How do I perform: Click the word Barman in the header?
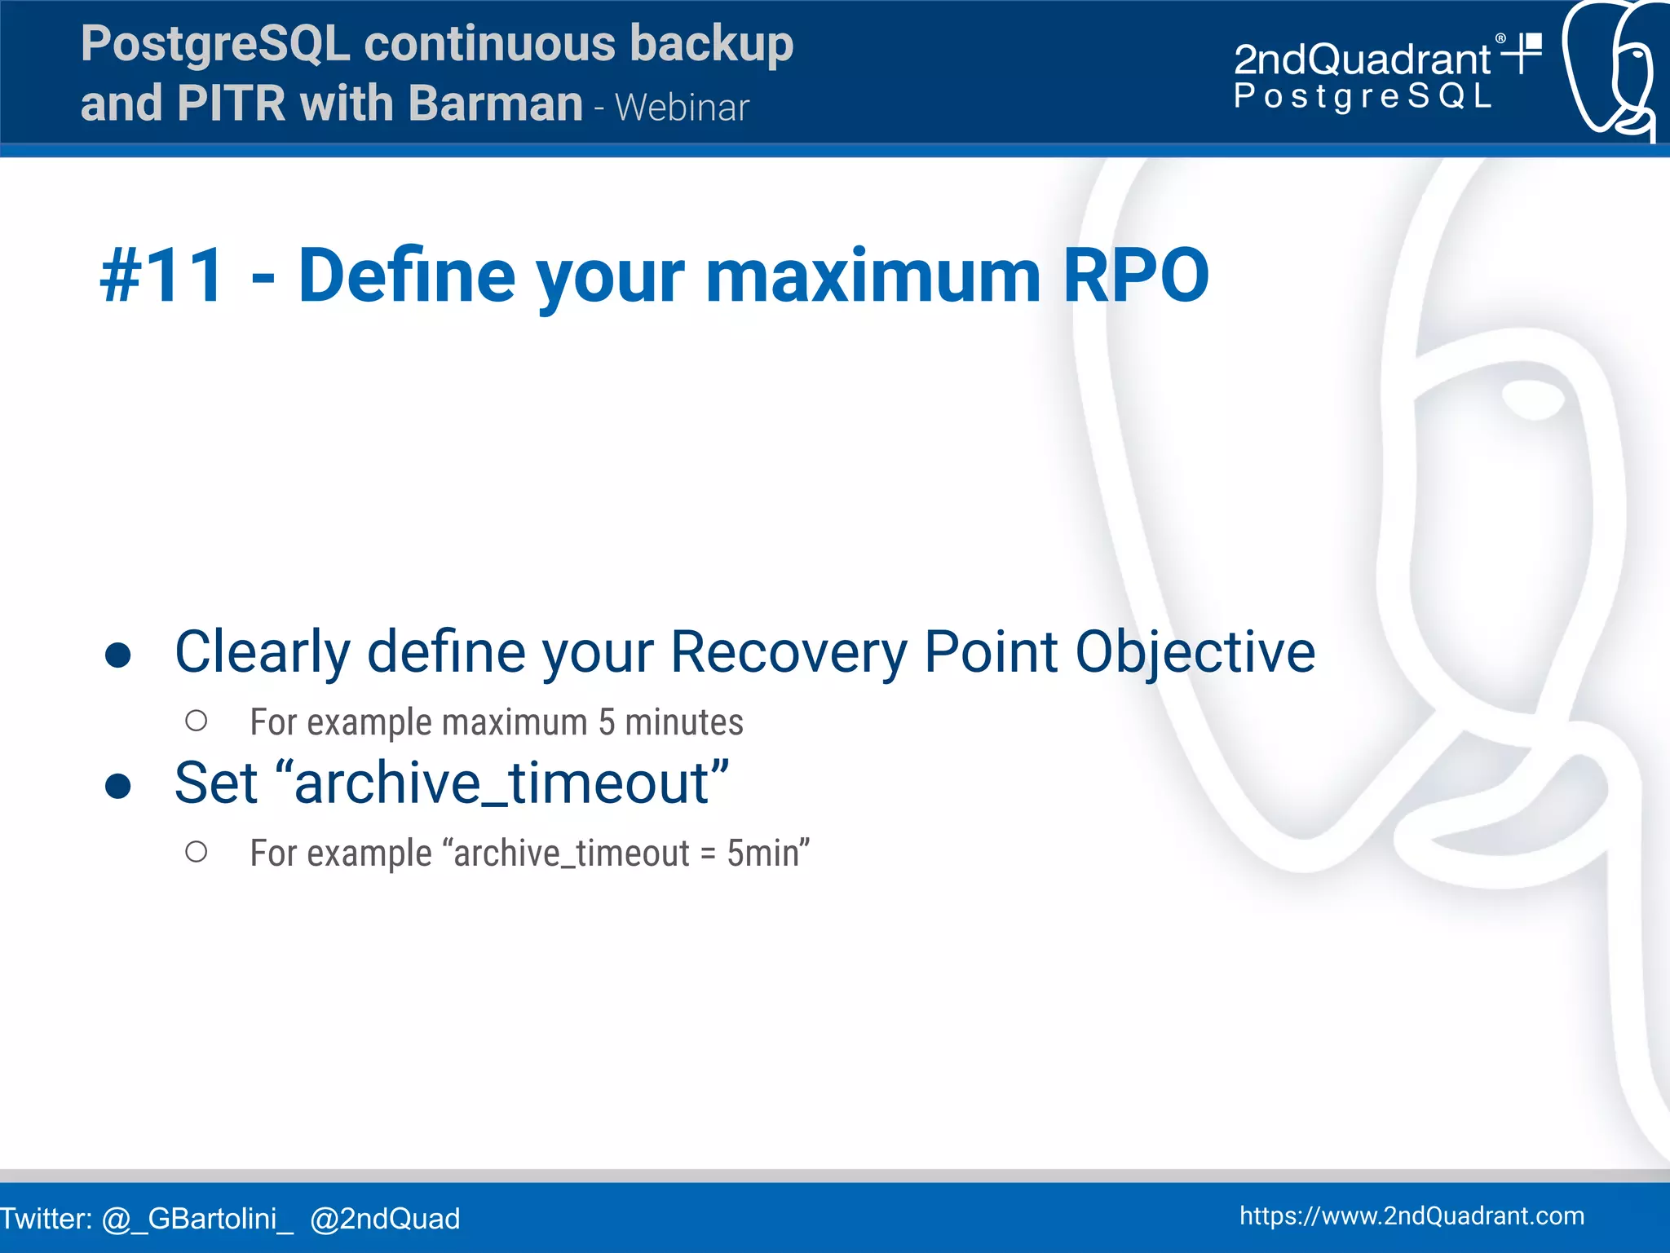[x=495, y=104]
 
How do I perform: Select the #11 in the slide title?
[x=161, y=276]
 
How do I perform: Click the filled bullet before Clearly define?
[x=118, y=655]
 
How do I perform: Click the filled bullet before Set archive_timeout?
[x=118, y=785]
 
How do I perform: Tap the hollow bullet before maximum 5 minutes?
[x=196, y=721]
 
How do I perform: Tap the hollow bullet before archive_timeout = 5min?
[x=196, y=852]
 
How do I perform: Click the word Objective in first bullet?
[x=1195, y=653]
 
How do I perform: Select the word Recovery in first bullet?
[x=789, y=653]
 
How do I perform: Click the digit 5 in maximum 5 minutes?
[x=607, y=722]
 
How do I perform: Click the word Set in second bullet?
[x=216, y=783]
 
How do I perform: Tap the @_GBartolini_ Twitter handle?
[x=197, y=1219]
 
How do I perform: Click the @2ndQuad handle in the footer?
[x=385, y=1219]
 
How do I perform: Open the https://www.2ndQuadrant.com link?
[x=1412, y=1215]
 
